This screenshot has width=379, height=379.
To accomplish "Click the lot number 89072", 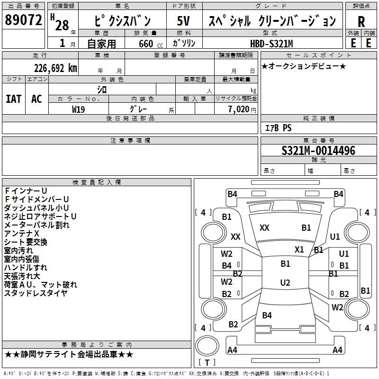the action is [x=23, y=20].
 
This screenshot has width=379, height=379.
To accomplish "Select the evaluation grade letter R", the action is [x=361, y=22].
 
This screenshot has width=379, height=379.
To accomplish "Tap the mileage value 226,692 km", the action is [x=55, y=68].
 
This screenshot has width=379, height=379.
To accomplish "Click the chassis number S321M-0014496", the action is [x=318, y=151].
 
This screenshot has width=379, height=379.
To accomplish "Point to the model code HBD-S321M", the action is [x=271, y=44].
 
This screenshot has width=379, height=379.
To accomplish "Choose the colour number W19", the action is [x=78, y=109].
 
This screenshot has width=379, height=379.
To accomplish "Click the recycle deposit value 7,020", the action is [x=239, y=109].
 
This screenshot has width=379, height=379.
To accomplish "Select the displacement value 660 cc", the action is [x=151, y=44].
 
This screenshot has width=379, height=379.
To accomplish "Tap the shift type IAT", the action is [x=14, y=99].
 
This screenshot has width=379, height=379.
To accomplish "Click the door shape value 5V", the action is [x=183, y=21].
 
